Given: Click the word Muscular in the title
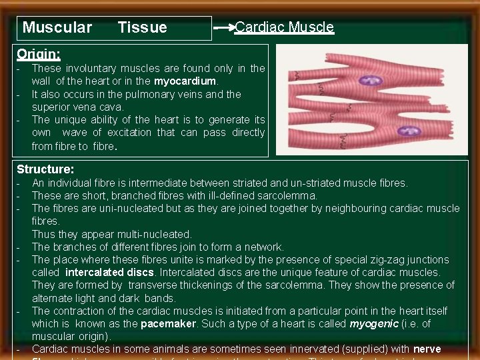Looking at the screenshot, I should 57,27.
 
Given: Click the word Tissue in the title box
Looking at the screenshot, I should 142,27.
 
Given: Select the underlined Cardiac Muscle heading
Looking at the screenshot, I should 285,27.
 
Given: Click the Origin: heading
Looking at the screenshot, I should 39,53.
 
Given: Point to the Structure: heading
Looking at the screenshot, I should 45,169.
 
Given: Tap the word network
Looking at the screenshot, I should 264,247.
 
